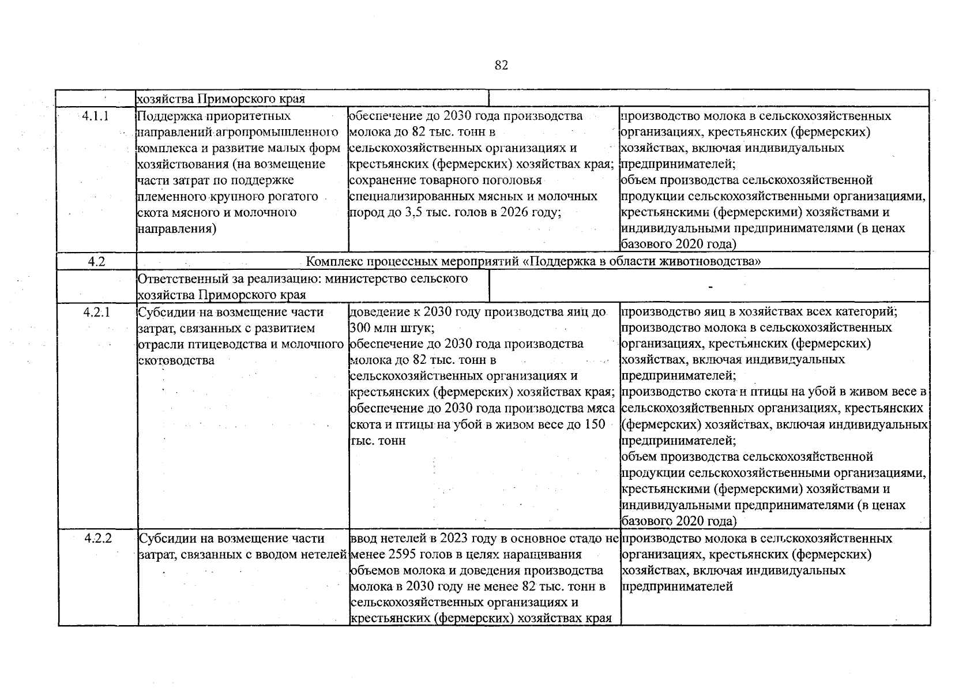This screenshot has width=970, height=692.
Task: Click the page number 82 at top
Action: (x=501, y=66)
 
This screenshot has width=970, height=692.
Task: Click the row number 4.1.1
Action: (x=96, y=116)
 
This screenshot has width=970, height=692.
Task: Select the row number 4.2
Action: (x=96, y=261)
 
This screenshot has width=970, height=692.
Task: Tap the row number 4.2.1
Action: (x=96, y=312)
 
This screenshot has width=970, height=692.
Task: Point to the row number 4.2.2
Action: (x=97, y=539)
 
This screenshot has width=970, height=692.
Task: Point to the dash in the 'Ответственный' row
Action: (x=710, y=287)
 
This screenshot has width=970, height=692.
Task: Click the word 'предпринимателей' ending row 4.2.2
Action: (x=677, y=586)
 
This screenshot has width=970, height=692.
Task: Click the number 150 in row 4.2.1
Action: (x=595, y=424)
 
